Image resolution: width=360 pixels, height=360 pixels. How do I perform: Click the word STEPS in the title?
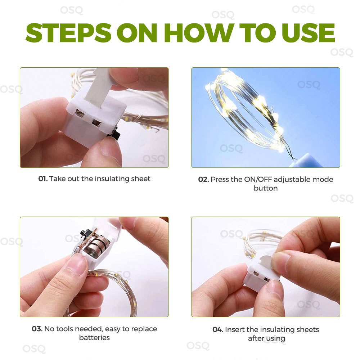68,33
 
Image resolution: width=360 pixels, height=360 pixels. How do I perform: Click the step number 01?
43,179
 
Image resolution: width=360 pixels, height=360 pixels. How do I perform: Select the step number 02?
203,179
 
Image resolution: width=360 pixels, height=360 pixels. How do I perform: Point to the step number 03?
37,329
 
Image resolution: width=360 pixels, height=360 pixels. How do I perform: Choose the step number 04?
218,329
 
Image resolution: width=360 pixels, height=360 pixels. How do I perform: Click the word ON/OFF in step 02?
258,179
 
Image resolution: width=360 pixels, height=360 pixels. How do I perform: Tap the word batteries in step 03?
94,338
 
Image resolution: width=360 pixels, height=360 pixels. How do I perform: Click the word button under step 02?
266,188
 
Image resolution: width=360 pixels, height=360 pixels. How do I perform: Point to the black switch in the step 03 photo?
84,235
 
